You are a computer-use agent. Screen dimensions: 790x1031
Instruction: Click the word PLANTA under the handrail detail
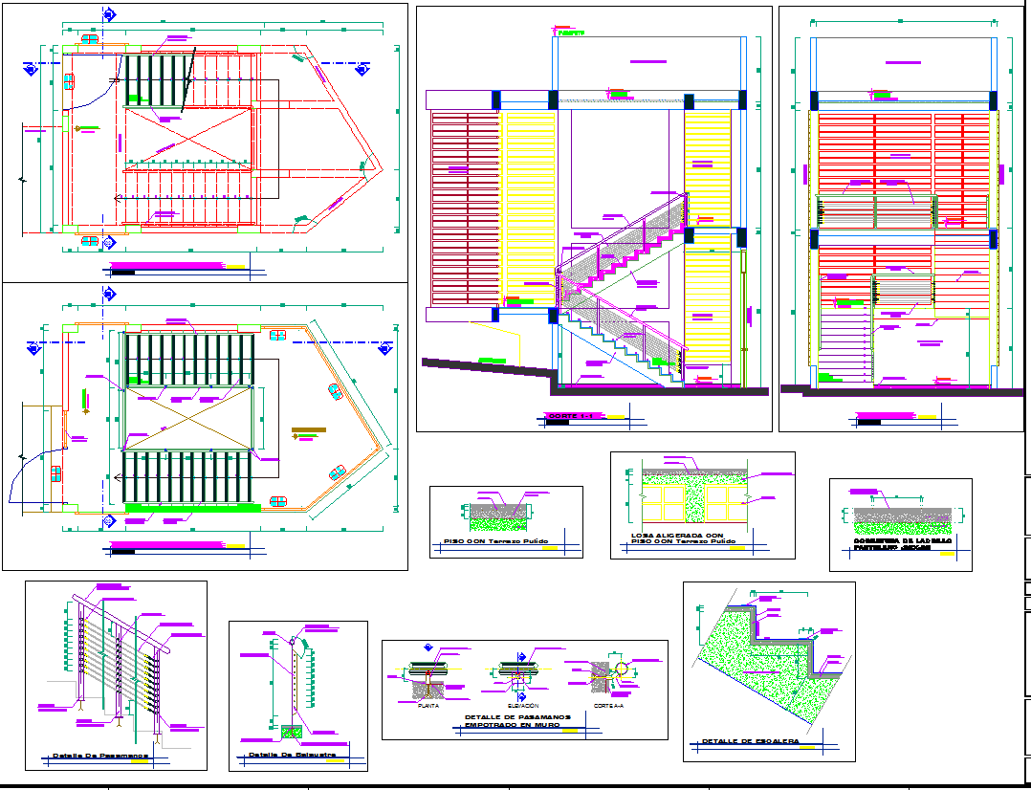[x=428, y=706]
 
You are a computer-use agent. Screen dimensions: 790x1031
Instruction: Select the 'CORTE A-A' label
[x=608, y=706]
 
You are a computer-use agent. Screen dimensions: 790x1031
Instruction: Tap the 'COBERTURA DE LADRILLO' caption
[x=902, y=540]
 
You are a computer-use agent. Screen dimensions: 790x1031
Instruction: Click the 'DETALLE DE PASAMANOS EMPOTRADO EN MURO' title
[x=517, y=720]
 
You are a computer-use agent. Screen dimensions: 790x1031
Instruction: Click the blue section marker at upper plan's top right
[x=362, y=69]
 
